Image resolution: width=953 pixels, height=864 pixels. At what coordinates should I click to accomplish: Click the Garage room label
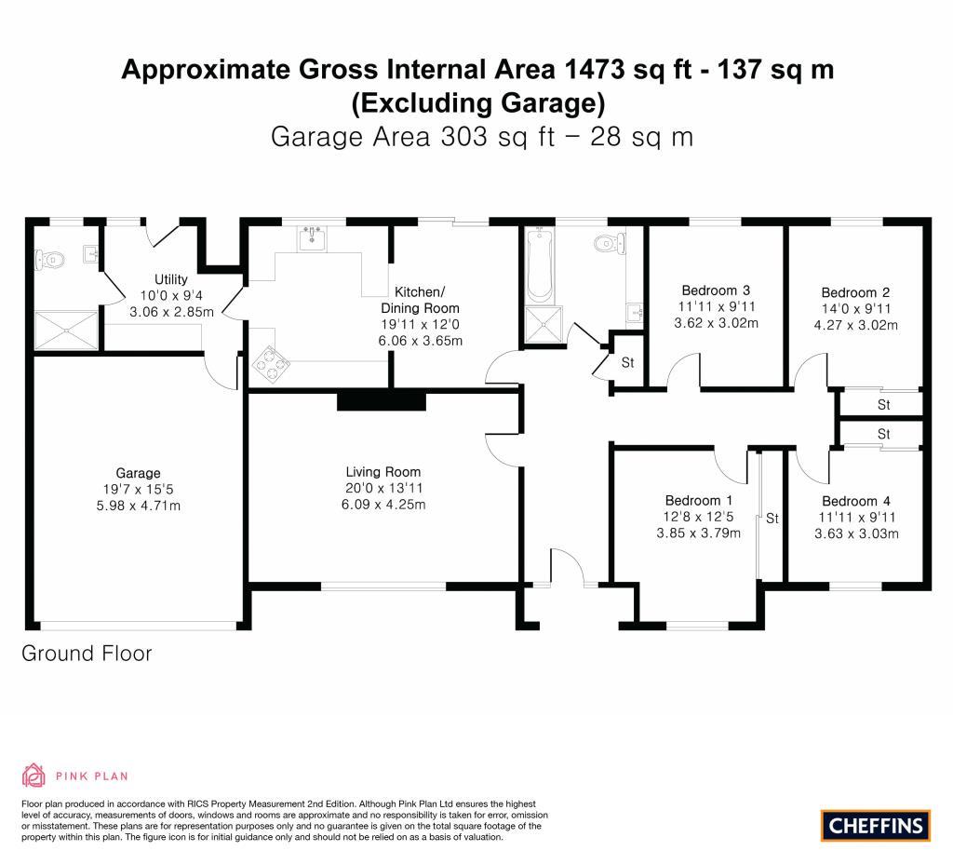(138, 473)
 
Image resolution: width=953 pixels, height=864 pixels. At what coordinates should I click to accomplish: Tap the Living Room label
(383, 472)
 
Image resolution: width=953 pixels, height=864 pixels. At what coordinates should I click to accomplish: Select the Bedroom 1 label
(698, 500)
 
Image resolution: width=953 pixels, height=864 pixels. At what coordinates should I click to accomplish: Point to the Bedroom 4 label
(856, 501)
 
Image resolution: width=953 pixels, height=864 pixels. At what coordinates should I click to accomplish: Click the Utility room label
(171, 279)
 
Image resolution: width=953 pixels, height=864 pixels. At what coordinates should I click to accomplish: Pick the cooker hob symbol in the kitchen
(271, 363)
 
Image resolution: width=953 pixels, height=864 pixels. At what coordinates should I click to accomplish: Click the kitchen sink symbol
(313, 237)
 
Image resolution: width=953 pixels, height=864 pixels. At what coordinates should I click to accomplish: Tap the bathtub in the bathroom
(540, 265)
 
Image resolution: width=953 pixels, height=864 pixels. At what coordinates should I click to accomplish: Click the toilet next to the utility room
(48, 261)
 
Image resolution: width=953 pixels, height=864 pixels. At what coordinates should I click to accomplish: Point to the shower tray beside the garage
(66, 331)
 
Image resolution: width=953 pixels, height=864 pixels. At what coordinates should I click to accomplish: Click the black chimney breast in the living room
(381, 402)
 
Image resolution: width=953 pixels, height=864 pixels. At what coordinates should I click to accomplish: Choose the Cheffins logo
(875, 826)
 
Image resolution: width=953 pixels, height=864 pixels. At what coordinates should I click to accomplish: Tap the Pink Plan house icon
(34, 776)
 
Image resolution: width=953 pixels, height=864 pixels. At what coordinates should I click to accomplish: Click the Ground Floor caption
(87, 654)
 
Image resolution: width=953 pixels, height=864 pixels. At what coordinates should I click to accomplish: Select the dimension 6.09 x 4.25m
(383, 504)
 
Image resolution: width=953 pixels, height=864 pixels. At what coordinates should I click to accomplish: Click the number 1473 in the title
(594, 69)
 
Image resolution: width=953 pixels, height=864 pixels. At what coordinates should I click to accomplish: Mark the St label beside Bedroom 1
(772, 519)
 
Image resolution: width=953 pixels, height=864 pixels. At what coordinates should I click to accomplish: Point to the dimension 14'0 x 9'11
(856, 308)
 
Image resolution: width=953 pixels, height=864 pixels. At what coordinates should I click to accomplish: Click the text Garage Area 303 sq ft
(413, 137)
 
